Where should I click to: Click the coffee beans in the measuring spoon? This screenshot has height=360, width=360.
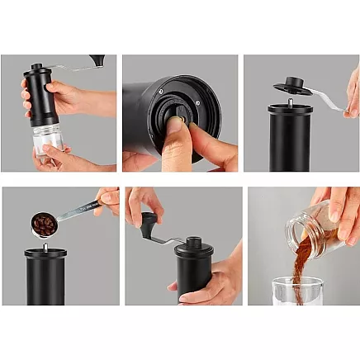pos(44,222)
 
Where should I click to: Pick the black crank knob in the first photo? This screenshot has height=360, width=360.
pos(97,59)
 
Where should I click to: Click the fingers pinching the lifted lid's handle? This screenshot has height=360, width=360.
pos(352,91)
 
